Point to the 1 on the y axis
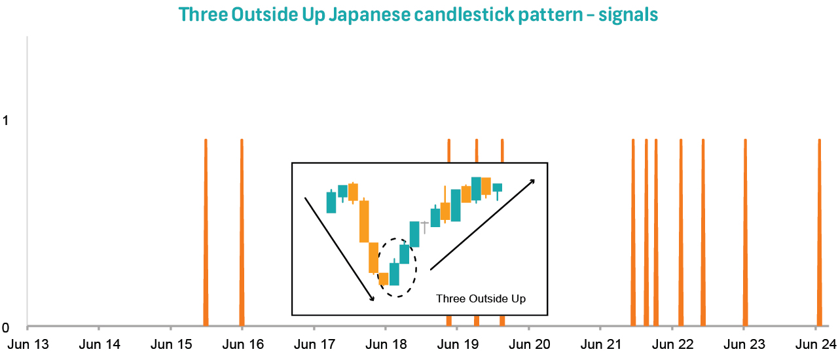6,121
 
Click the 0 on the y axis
6,327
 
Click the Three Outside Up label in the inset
481,298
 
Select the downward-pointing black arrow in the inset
339,249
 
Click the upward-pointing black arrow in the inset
482,224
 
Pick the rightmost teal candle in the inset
498,188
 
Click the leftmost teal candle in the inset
331,202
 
